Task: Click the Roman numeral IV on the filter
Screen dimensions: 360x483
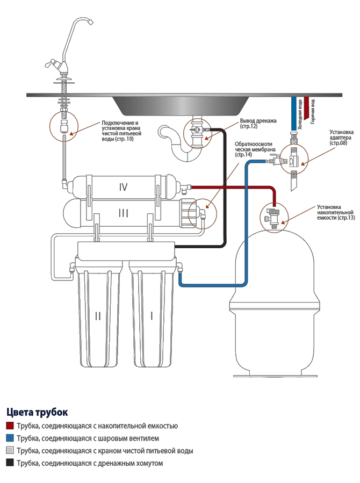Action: [x=123, y=187]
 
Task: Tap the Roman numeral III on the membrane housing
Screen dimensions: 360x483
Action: [x=124, y=213]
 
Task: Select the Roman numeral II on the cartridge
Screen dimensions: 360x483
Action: [x=98, y=316]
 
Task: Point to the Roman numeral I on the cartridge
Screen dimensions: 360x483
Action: [x=152, y=316]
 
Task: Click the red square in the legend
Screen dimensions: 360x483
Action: [x=10, y=426]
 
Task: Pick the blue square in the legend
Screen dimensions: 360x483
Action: [x=10, y=438]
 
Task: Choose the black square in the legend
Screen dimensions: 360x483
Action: [x=10, y=463]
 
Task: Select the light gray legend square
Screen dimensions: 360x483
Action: [x=10, y=450]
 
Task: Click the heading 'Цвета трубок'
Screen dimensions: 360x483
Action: [x=37, y=412]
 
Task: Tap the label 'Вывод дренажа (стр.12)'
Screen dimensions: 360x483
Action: [x=258, y=124]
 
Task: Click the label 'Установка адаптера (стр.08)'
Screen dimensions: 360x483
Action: [x=341, y=138]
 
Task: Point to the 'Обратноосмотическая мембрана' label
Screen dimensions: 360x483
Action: [x=253, y=149]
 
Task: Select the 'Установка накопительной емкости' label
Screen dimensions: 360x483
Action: [x=335, y=212]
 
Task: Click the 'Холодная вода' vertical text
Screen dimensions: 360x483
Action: [x=300, y=114]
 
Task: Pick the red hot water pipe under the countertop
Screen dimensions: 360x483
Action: [x=306, y=108]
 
